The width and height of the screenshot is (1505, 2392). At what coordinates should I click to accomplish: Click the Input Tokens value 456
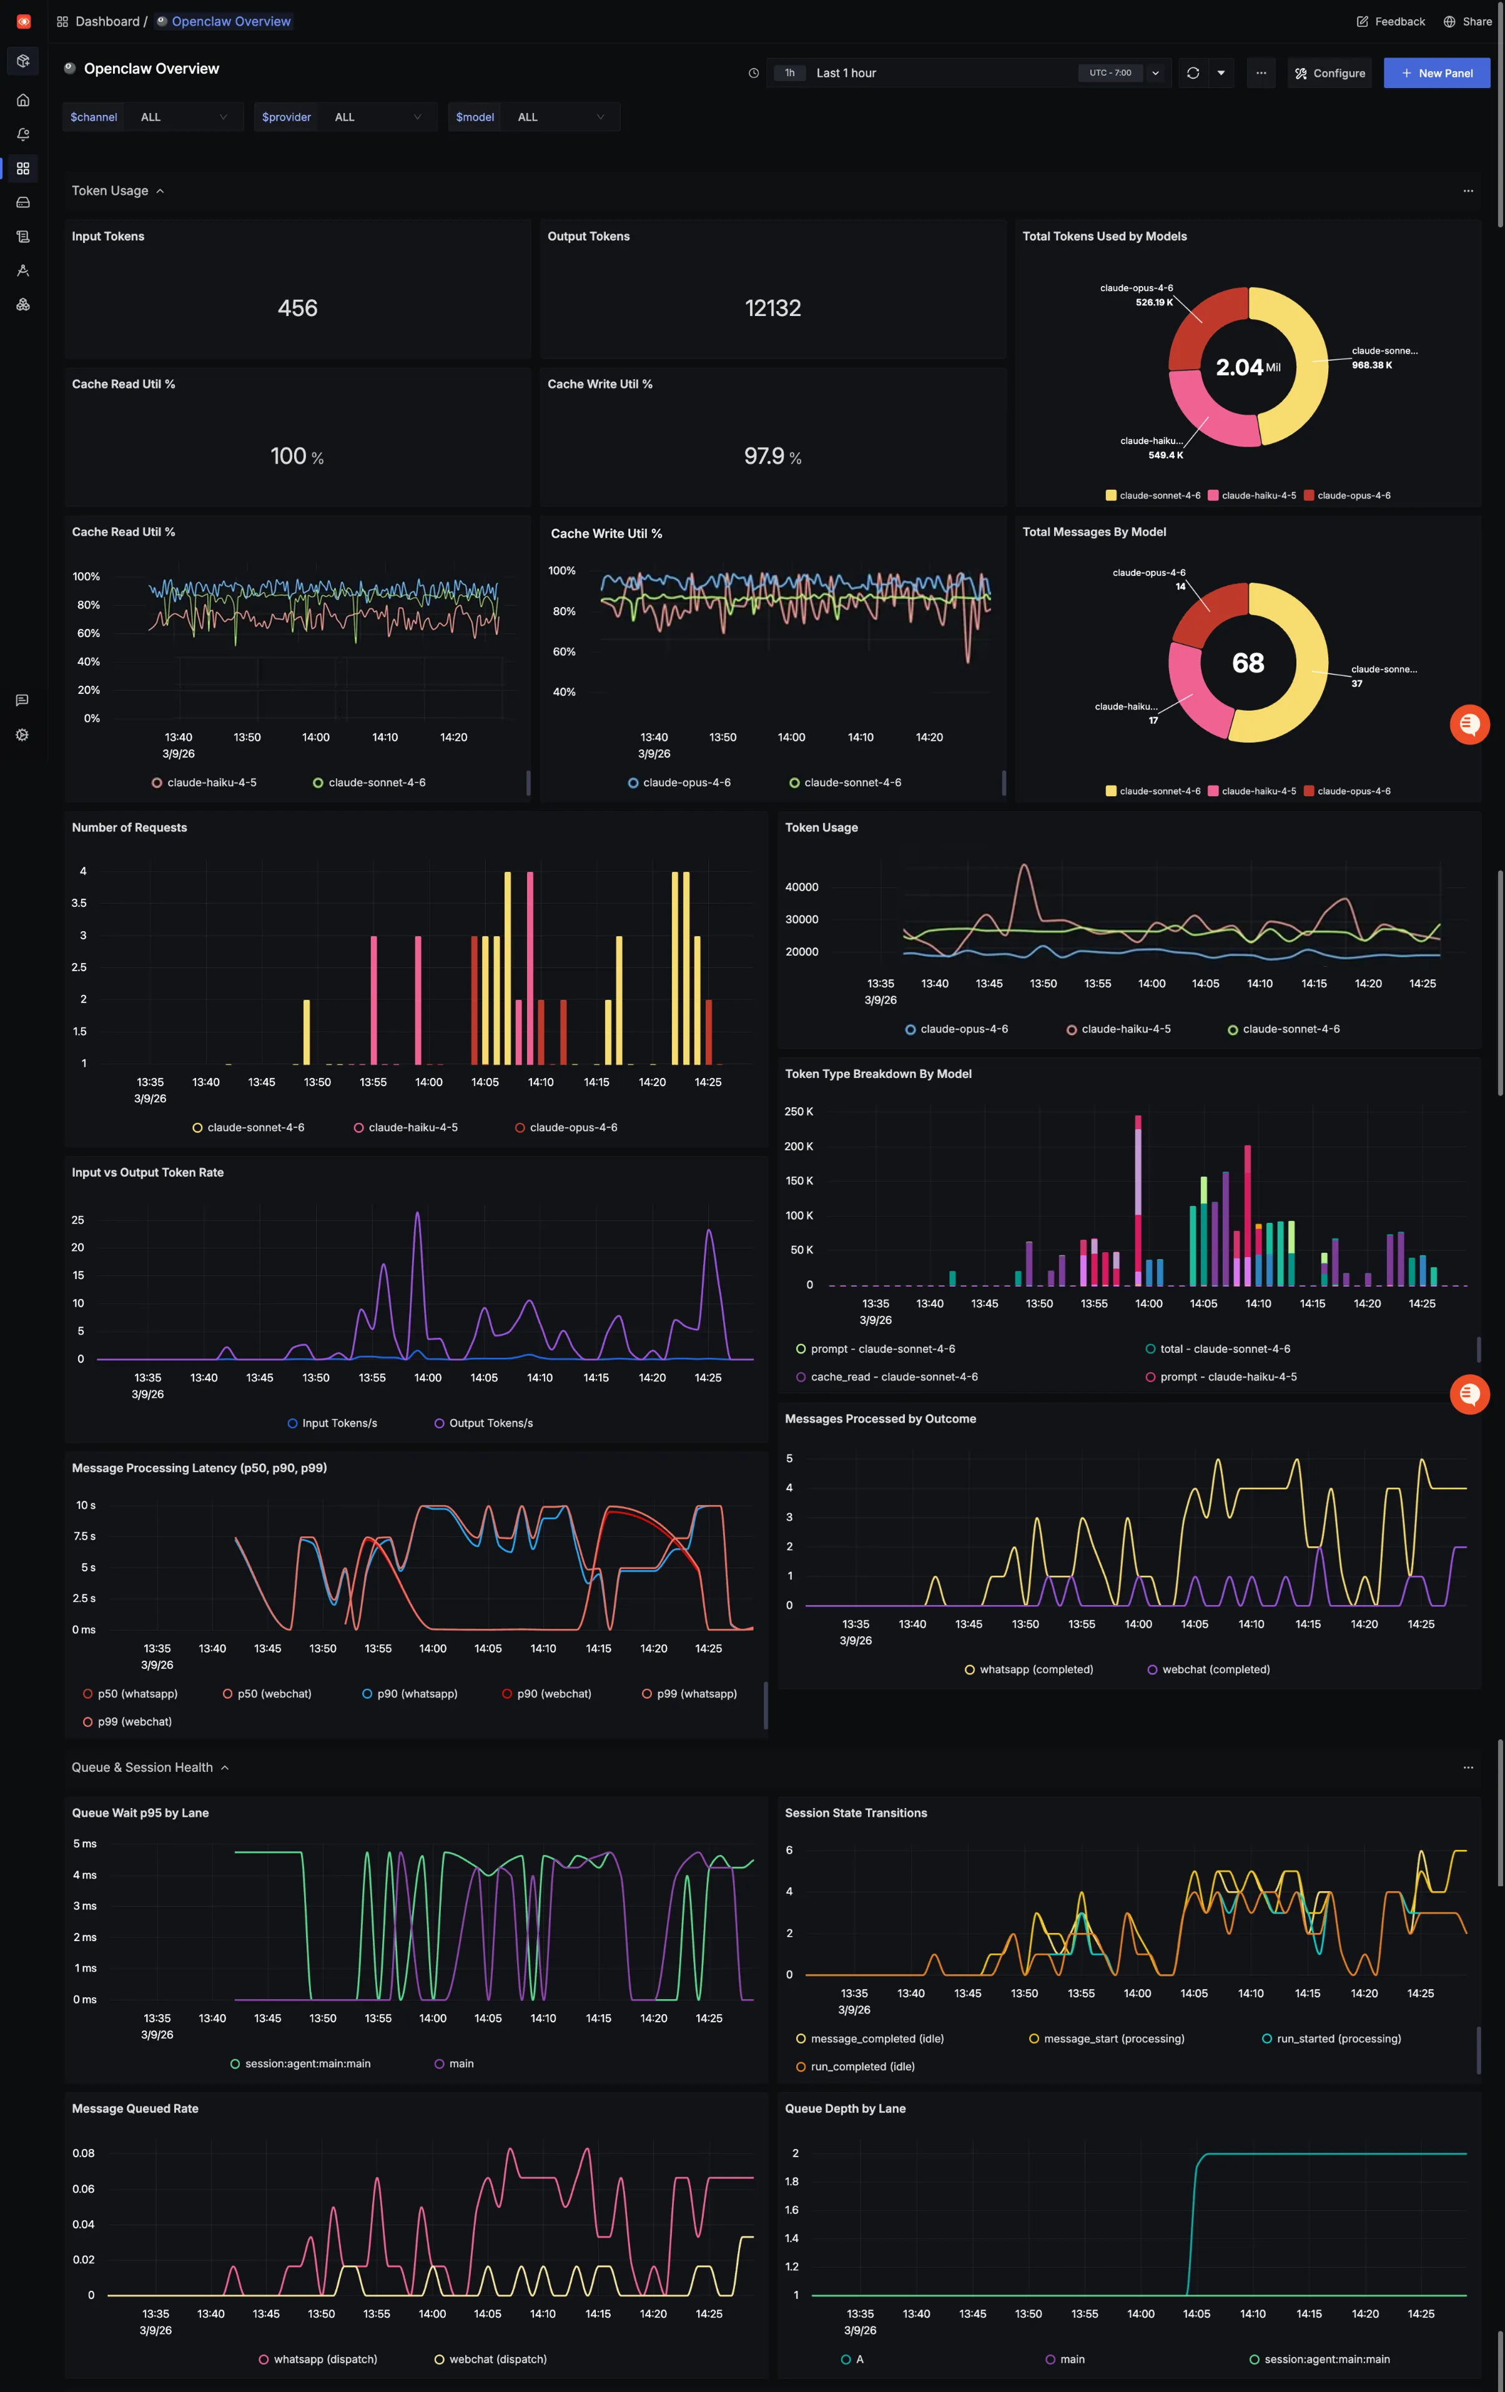pos(297,308)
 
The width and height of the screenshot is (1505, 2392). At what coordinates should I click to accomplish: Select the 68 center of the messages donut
pos(1248,663)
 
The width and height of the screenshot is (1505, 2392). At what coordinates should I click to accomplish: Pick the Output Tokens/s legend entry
pos(490,1423)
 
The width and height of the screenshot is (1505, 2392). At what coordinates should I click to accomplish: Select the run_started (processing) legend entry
pos(1337,2039)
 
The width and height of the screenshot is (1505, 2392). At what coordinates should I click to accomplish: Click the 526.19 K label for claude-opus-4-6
pos(1153,303)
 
